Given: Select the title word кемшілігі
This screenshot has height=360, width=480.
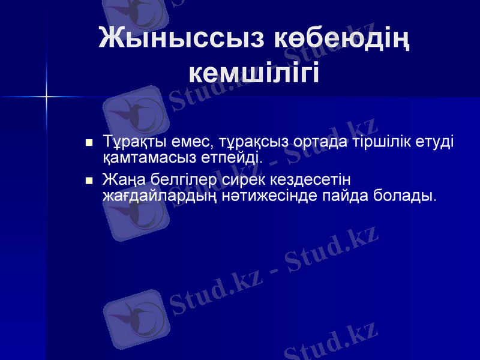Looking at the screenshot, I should (x=254, y=73).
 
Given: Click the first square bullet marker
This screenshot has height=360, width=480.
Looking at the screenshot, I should (x=89, y=143).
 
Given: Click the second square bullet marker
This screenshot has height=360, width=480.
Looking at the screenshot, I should (x=89, y=180).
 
